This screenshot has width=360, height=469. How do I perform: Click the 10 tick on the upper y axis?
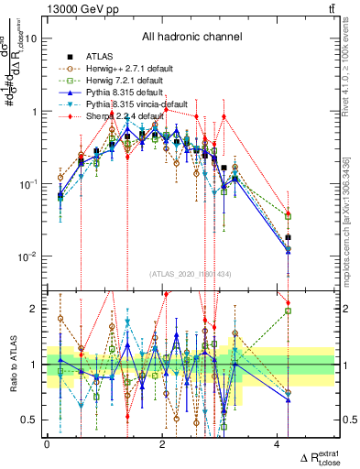coord(32,39)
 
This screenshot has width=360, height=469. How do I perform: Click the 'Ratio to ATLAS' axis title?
coord(12,364)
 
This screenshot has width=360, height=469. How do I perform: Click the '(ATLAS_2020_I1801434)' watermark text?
coord(191,274)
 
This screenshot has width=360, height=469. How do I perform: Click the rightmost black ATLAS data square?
coord(289,237)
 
